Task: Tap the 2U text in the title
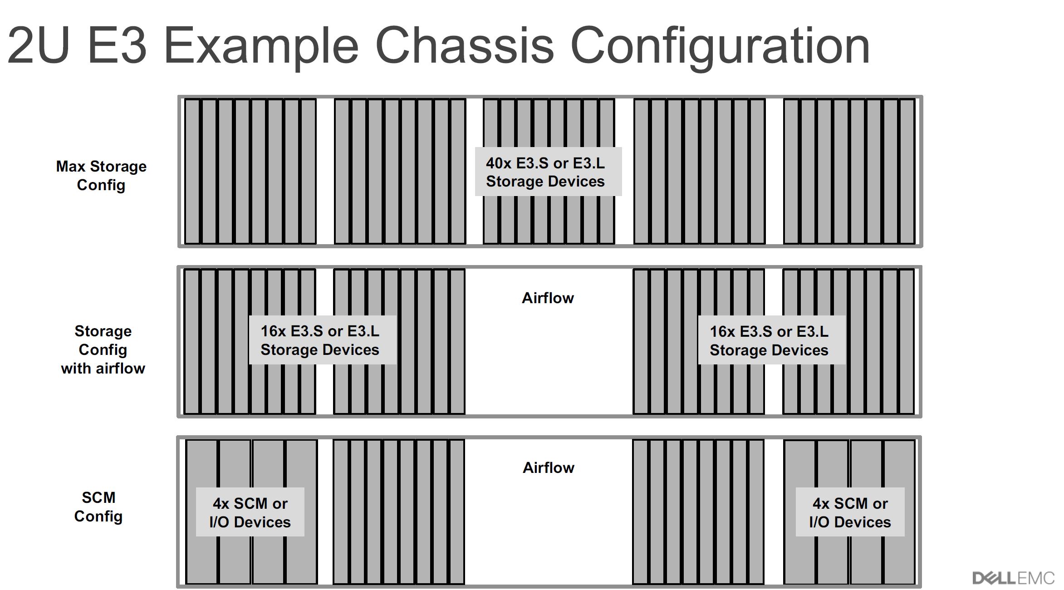pyautogui.click(x=39, y=45)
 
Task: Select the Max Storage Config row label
pyautogui.click(x=101, y=176)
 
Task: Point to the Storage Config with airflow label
pyautogui.click(x=103, y=349)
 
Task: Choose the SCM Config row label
pyautogui.click(x=98, y=507)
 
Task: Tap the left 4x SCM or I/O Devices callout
pyautogui.click(x=250, y=512)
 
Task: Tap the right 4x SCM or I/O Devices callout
pyautogui.click(x=850, y=512)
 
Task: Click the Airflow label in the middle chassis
pyautogui.click(x=548, y=298)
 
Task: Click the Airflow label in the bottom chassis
pyautogui.click(x=549, y=468)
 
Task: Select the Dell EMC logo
pyautogui.click(x=1013, y=578)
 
